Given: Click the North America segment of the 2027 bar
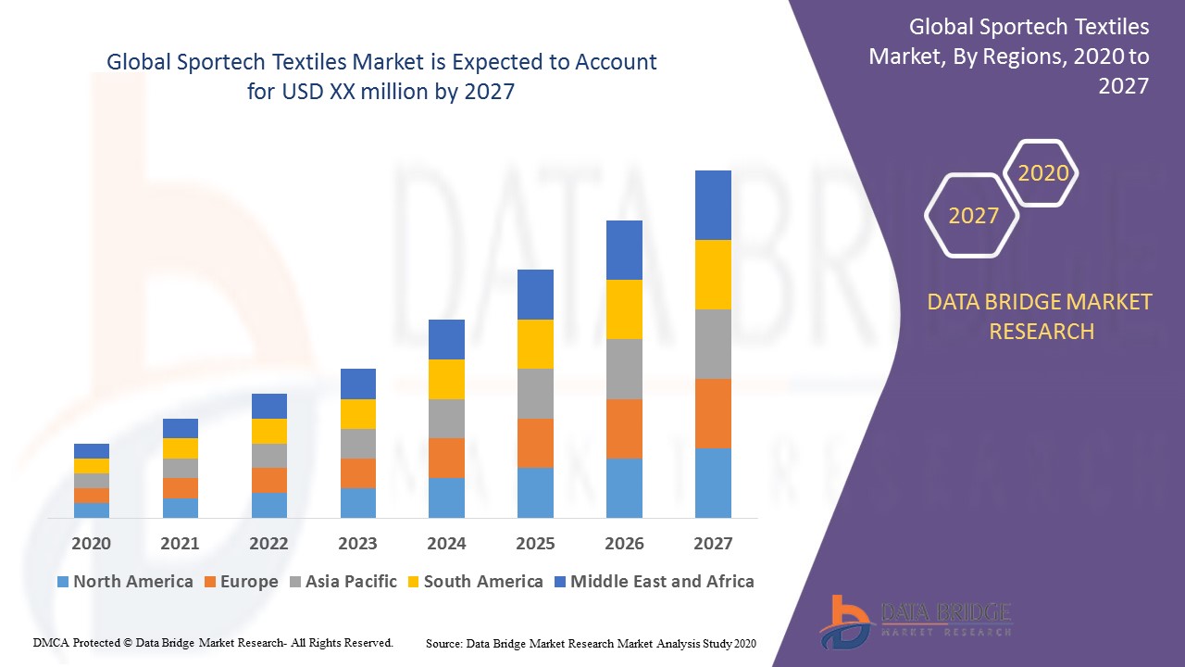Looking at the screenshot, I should pos(713,483).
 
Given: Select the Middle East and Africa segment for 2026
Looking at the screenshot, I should pos(624,250).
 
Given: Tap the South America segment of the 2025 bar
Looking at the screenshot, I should pos(535,344).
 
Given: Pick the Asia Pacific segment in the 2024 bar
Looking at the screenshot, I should pos(446,419).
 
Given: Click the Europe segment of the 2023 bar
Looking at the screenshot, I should pos(357,473).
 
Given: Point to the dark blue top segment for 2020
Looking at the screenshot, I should pos(92,451).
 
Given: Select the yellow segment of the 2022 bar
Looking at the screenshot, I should pos(269,431).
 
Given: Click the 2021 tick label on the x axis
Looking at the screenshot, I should pos(180,544).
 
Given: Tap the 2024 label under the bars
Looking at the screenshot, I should pos(446,544).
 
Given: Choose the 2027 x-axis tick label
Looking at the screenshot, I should pos(713,544).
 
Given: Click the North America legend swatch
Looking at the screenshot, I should pos(63,583).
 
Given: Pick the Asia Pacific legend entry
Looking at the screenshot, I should pos(343,582).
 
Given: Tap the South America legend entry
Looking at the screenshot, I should pos(474,582).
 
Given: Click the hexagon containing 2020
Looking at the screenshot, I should pos(1042,173).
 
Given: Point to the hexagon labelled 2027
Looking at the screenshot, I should pos(972,216).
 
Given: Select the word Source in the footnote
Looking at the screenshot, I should pos(443,643).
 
